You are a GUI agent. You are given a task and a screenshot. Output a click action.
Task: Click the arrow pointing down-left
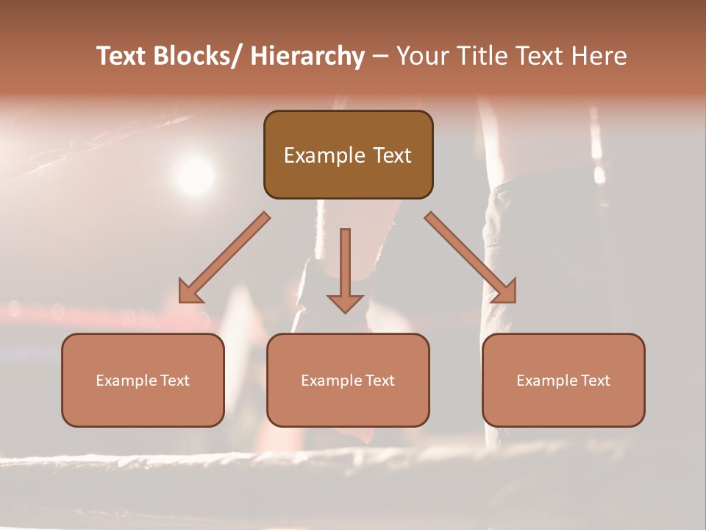tap(224, 258)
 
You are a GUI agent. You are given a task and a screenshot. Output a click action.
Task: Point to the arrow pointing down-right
tap(471, 258)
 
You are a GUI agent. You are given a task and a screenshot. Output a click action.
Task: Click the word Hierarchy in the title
tap(308, 56)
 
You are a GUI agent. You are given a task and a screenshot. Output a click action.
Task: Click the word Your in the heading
tap(421, 56)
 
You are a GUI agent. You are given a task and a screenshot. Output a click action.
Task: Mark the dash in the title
tap(380, 57)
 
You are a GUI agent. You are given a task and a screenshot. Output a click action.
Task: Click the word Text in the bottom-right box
tap(594, 381)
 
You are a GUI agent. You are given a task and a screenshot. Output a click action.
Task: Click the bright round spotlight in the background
tap(196, 176)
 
